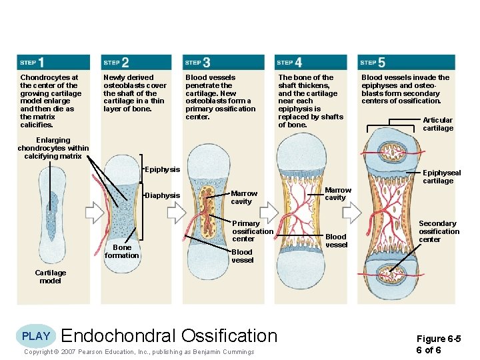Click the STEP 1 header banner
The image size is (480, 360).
(x=53, y=62)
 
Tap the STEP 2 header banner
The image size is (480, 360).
(x=136, y=62)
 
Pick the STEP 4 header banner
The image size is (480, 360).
(x=311, y=62)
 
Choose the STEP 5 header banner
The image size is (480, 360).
(x=406, y=62)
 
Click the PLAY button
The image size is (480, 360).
(x=35, y=336)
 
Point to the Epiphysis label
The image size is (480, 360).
(x=162, y=169)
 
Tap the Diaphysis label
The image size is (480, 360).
(x=163, y=195)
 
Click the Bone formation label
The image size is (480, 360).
(x=122, y=251)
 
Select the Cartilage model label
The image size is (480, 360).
(x=51, y=277)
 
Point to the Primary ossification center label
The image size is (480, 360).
(x=252, y=231)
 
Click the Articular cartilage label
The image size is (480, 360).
(x=437, y=124)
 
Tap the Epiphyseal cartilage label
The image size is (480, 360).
(x=438, y=176)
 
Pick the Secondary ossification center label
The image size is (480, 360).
(x=439, y=231)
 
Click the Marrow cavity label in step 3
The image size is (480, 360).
(x=244, y=197)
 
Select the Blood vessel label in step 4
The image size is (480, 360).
(x=336, y=241)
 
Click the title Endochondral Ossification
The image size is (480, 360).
(x=169, y=336)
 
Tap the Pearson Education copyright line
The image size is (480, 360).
(x=139, y=352)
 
